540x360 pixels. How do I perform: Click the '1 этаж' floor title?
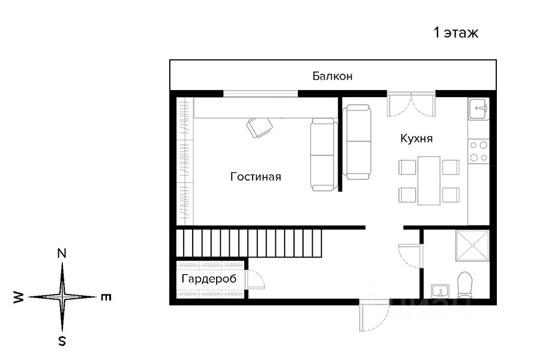click(455, 33)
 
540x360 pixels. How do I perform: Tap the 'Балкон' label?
click(332, 76)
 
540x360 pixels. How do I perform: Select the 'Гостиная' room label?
click(256, 176)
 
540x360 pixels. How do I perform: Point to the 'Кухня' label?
click(416, 138)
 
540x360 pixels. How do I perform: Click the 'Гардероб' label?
click(209, 278)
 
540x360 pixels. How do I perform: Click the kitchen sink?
click(478, 109)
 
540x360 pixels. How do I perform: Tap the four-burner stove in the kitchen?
click(478, 151)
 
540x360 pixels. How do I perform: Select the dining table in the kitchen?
click(429, 181)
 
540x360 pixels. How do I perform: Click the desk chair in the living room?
click(259, 127)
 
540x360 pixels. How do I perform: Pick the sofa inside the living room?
click(323, 154)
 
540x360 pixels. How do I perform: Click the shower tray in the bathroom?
click(473, 245)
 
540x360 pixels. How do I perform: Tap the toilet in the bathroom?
click(465, 285)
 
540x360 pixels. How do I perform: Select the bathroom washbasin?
click(440, 291)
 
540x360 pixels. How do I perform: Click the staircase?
click(248, 243)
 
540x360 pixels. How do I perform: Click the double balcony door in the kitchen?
click(411, 104)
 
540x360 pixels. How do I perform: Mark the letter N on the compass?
click(62, 254)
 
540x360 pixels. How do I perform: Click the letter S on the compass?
click(62, 341)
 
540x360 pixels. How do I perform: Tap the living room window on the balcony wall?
click(261, 94)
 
